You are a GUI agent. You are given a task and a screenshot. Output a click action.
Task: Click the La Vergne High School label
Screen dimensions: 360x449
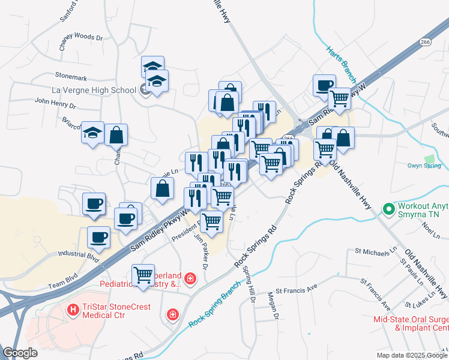[94, 91]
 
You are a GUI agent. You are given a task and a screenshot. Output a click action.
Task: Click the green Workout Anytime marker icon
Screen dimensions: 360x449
[388, 209]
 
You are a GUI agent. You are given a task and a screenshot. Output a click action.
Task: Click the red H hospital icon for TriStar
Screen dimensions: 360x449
[73, 309]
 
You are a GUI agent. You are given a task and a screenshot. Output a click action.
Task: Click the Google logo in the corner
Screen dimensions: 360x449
[20, 353]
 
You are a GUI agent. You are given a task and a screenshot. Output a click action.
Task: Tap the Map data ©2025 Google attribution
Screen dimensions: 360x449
[412, 355]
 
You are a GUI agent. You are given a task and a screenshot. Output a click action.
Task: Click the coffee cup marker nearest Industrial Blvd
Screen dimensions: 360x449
[98, 237]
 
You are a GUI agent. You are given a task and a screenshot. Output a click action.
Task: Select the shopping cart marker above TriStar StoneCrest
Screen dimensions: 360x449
[143, 275]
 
